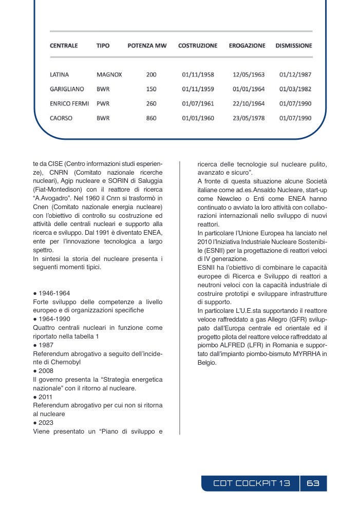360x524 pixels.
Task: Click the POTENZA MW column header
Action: pyautogui.click(x=147, y=46)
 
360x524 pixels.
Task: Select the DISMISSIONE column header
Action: pyautogui.click(x=293, y=46)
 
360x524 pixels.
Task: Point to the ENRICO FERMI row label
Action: pyautogui.click(x=69, y=104)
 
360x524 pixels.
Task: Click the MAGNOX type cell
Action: pyautogui.click(x=109, y=74)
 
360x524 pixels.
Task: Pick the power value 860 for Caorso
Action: pyautogui.click(x=151, y=118)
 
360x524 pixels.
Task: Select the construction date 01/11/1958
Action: pyautogui.click(x=198, y=74)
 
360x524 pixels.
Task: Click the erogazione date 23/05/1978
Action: pyautogui.click(x=249, y=118)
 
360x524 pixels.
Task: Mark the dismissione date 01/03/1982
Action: pyautogui.click(x=295, y=89)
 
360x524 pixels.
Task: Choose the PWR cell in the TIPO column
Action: pyautogui.click(x=103, y=104)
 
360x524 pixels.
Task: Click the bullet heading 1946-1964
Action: pyautogui.click(x=54, y=294)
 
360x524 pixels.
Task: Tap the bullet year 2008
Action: pyautogui.click(x=48, y=370)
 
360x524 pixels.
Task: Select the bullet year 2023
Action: pyautogui.click(x=48, y=423)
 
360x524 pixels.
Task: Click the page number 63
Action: pyautogui.click(x=313, y=483)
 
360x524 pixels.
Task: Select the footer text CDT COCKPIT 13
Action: pyautogui.click(x=252, y=483)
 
